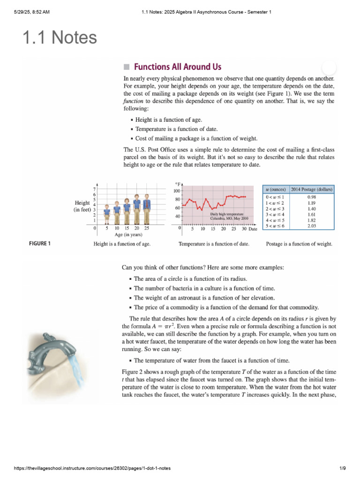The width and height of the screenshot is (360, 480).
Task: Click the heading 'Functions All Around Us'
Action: (x=177, y=67)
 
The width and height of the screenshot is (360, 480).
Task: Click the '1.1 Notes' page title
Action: (x=60, y=37)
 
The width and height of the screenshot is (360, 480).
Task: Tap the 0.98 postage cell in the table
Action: (x=311, y=197)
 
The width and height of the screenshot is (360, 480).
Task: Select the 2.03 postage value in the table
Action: (x=311, y=225)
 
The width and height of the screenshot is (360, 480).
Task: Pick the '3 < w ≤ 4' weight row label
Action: (x=275, y=214)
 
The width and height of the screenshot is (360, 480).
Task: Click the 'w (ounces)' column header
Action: (x=276, y=189)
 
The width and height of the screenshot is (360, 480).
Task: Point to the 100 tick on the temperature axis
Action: (x=177, y=191)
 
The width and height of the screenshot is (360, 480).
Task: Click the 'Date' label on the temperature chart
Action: (x=253, y=229)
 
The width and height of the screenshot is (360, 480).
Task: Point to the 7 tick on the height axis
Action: (x=94, y=189)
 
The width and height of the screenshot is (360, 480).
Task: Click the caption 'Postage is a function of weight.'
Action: (x=299, y=244)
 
